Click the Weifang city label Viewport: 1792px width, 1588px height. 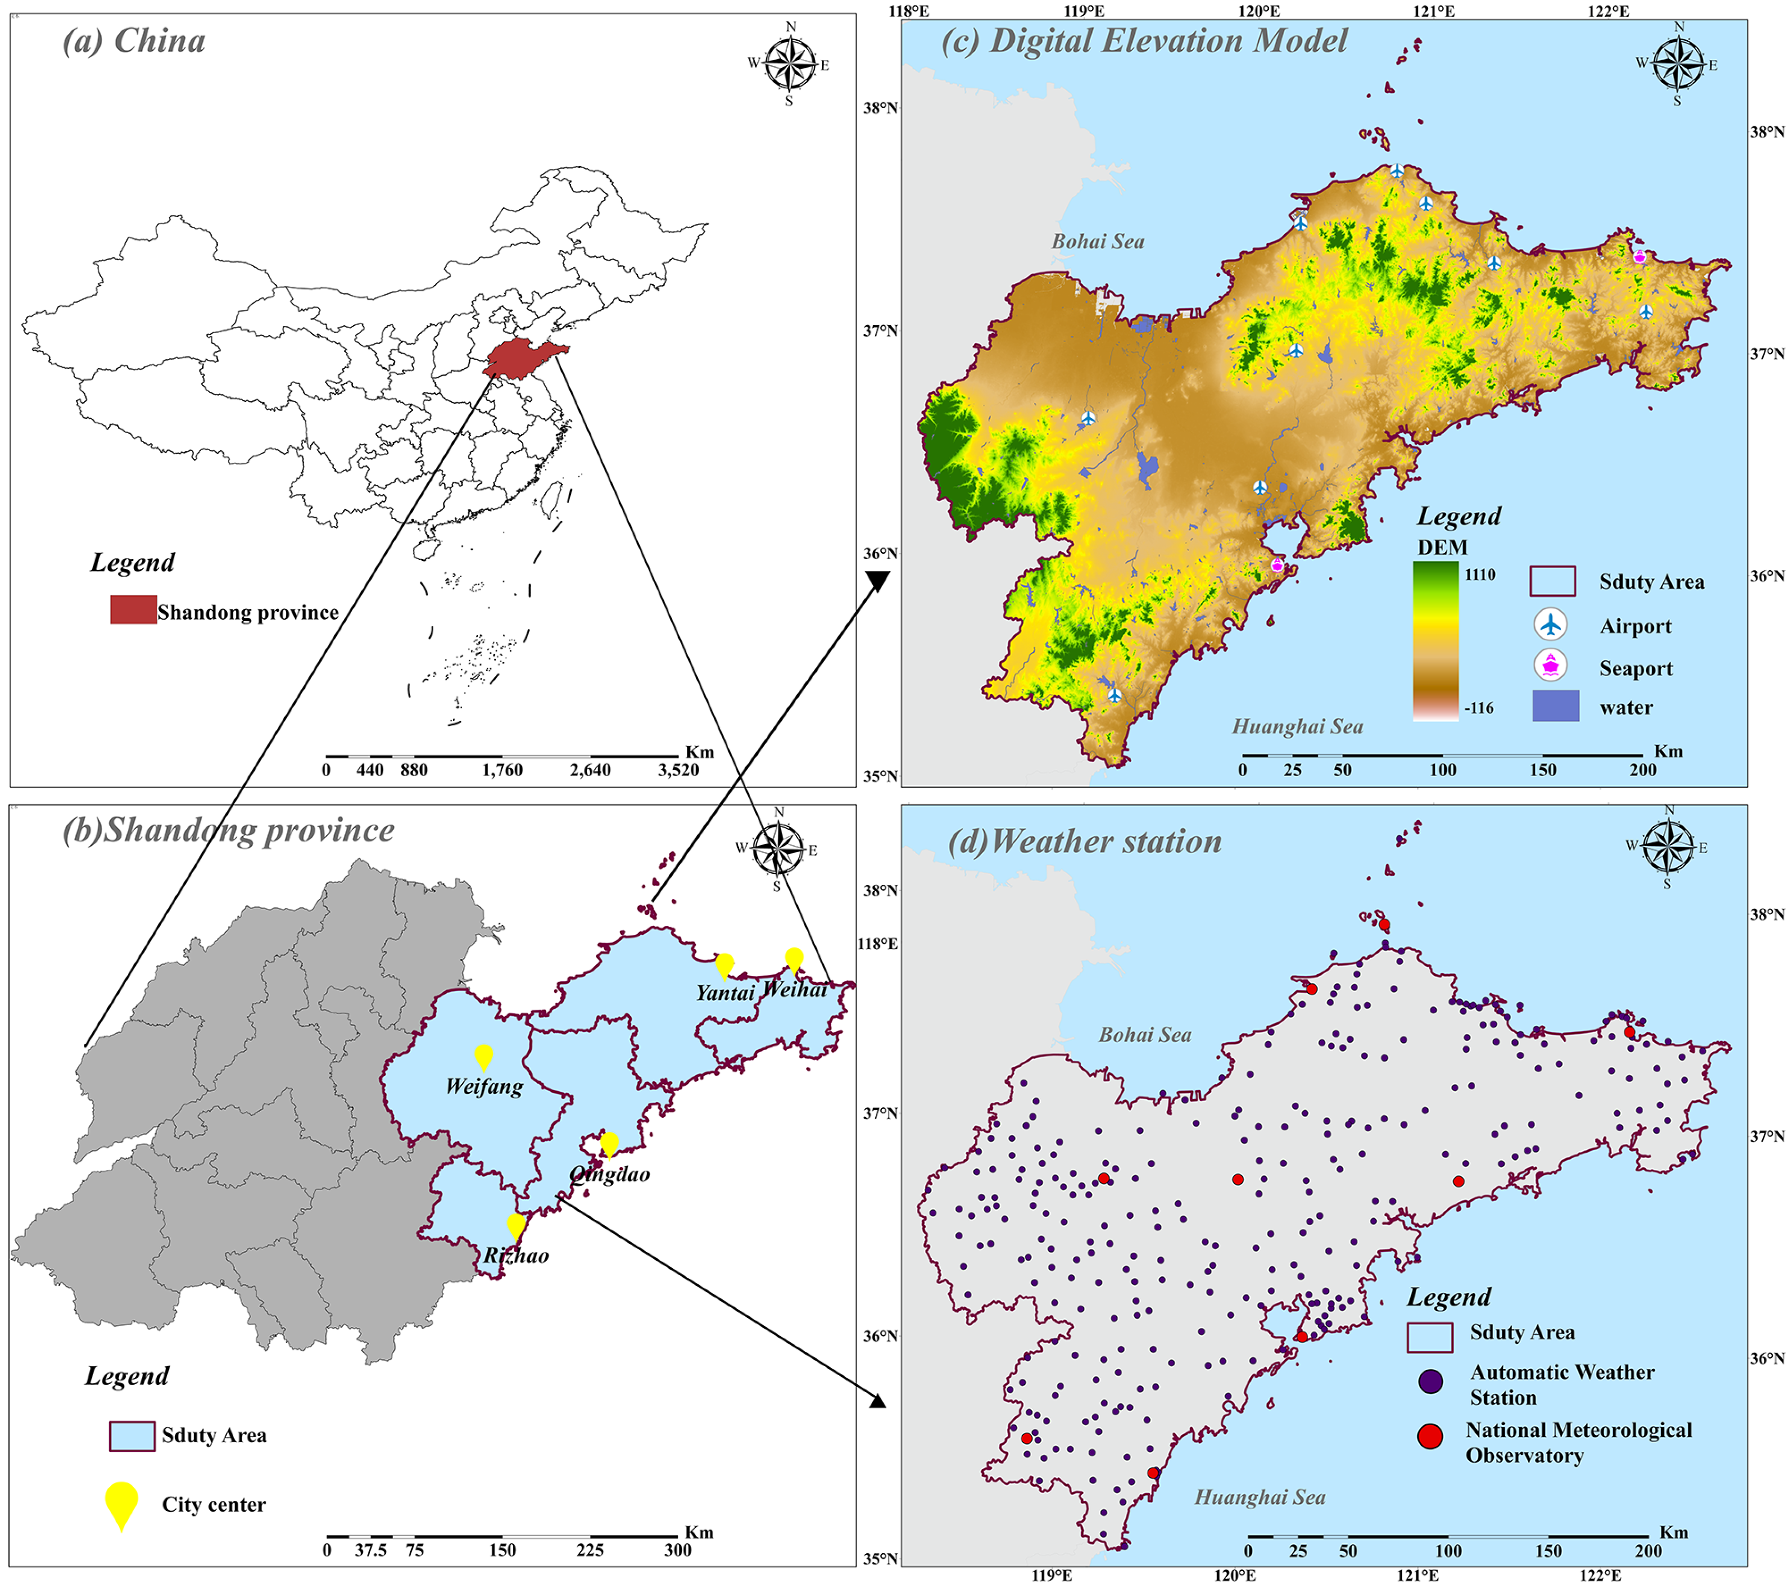coord(484,1087)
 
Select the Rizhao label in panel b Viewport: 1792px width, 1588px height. coord(516,1256)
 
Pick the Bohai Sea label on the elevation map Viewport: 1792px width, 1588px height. coord(1098,242)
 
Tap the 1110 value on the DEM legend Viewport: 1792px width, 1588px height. coord(1479,575)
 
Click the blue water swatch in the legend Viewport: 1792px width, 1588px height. coord(1555,706)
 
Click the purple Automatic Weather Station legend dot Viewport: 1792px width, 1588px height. coord(1430,1382)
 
